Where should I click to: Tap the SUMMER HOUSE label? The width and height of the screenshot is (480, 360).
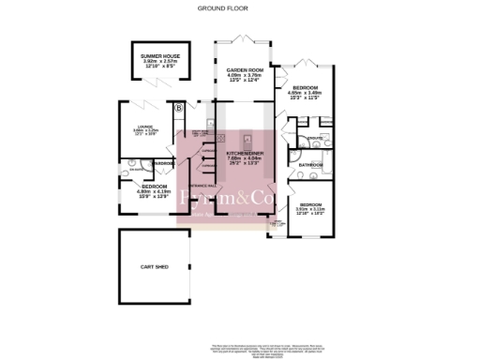[158, 57]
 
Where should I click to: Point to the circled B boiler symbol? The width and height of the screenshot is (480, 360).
[179, 108]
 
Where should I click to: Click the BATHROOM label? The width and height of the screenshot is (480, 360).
[310, 165]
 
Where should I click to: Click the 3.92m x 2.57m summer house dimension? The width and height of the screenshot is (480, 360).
[158, 63]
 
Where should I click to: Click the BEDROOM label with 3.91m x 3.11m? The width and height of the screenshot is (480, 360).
[312, 204]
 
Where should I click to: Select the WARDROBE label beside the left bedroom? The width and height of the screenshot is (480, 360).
[163, 165]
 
